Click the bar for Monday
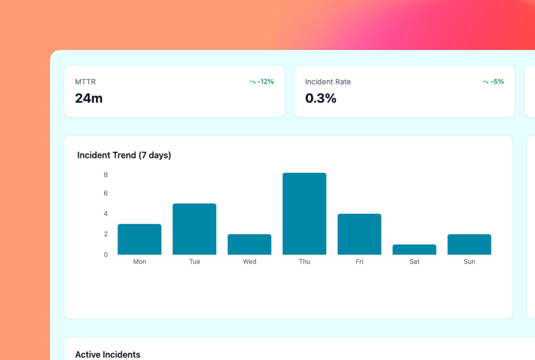(139, 239)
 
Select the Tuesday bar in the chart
(194, 229)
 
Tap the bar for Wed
(249, 244)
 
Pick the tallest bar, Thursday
(304, 213)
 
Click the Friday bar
(359, 234)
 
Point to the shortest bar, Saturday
(414, 249)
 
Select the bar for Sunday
(469, 244)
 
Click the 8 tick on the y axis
(106, 175)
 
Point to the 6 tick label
(106, 193)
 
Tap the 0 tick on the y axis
(106, 254)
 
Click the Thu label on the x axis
(304, 262)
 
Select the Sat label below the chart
(414, 262)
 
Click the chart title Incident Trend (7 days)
(124, 155)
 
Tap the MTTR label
(85, 82)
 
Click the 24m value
(89, 98)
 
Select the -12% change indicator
(262, 82)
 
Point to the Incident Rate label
(328, 82)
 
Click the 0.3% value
(321, 98)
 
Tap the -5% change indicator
(493, 82)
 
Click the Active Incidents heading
(107, 355)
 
